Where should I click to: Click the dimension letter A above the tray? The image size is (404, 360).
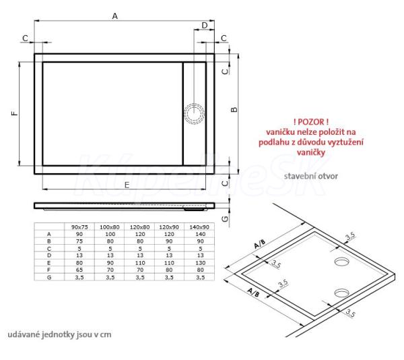[x=114, y=16]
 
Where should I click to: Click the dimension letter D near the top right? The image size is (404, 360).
[x=205, y=25]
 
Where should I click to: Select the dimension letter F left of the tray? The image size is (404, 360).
[x=15, y=113]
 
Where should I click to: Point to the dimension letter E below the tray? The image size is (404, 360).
[x=127, y=185]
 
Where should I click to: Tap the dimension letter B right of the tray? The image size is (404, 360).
[x=234, y=109]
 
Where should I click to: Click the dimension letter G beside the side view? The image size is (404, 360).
[x=225, y=218]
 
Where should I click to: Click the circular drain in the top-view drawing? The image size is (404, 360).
[x=195, y=113]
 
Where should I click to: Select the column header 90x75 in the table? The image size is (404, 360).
[x=79, y=227]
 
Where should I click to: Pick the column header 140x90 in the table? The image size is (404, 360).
[x=199, y=227]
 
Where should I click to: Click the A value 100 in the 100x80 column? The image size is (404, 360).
[x=110, y=234]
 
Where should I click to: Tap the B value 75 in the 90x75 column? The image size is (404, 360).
[x=79, y=241]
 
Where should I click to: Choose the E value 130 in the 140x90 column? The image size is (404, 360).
[x=200, y=263]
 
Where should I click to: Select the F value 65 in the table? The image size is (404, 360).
[x=79, y=270]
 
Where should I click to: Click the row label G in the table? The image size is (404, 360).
[x=49, y=277]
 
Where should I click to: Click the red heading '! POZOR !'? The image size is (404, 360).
[x=310, y=122]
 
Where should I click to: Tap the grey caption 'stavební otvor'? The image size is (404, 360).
[x=310, y=176]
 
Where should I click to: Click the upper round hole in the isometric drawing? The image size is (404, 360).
[x=341, y=261]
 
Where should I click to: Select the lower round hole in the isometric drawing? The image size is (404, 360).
[x=341, y=293]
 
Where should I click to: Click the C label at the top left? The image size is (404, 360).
[x=25, y=38]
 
